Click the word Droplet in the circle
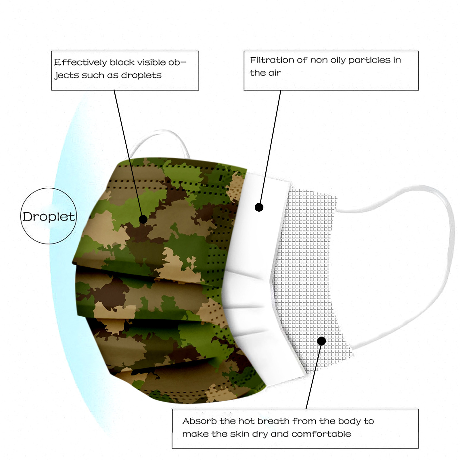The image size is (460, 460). [x=49, y=217]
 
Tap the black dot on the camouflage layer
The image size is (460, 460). [x=143, y=219]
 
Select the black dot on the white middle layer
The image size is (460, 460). [x=259, y=207]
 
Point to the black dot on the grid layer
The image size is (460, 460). [x=322, y=341]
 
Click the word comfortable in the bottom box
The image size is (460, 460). [x=321, y=434]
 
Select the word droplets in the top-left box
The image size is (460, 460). [x=141, y=75]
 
